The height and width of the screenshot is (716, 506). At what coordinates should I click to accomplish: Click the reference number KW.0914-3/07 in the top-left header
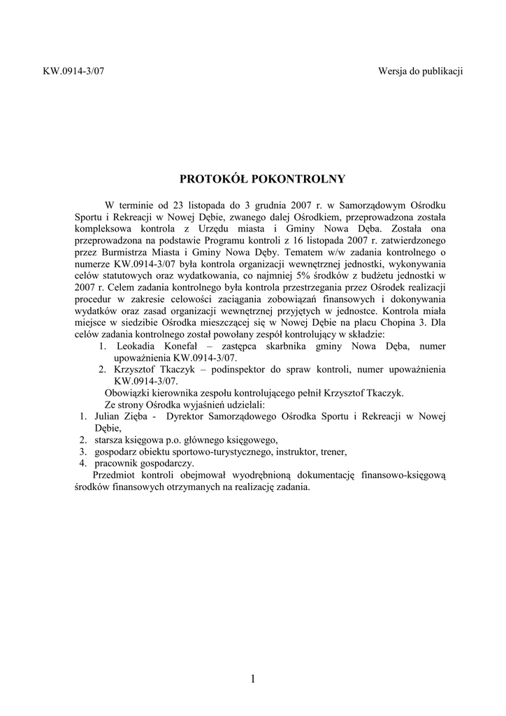(69, 71)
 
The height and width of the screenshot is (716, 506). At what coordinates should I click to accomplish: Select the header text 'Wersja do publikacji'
(421, 71)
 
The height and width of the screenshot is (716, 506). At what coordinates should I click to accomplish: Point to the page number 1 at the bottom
(252, 679)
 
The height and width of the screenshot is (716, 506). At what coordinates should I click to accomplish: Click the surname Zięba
(137, 417)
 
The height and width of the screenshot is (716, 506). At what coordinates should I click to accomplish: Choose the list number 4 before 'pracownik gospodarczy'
(82, 464)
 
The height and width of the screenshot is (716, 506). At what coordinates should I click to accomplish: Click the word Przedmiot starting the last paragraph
(115, 475)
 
